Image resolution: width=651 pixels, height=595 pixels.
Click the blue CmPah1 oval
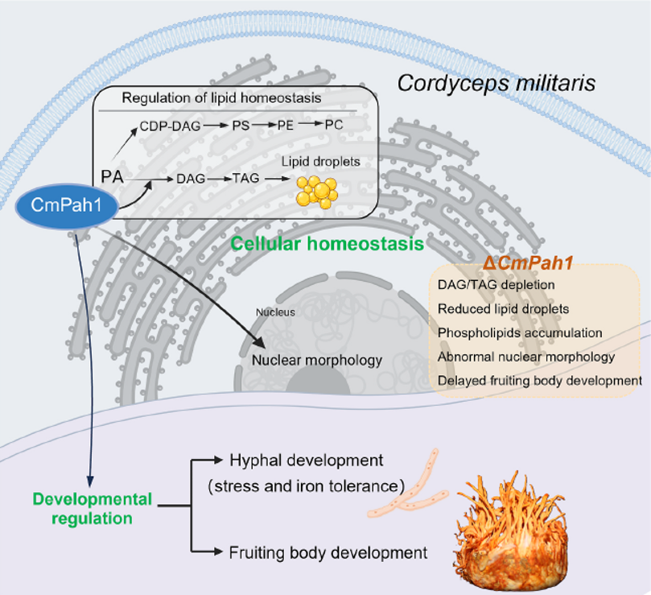click(x=67, y=205)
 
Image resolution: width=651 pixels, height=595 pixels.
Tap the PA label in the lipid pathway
click(x=112, y=177)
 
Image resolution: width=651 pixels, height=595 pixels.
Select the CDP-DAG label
click(x=170, y=126)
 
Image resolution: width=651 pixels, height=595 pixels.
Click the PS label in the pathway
click(x=241, y=125)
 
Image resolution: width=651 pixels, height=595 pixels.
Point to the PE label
click(x=285, y=125)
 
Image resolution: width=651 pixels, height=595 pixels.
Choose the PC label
click(x=334, y=125)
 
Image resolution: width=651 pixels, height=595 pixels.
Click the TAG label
click(x=245, y=178)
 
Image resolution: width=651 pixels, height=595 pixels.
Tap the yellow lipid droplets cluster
click(x=317, y=192)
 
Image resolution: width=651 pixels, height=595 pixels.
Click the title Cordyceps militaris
click(x=496, y=83)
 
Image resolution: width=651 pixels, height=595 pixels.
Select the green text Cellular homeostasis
click(x=328, y=243)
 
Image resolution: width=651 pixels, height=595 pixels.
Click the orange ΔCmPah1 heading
click(x=528, y=263)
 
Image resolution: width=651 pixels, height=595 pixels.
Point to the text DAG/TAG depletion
click(x=496, y=285)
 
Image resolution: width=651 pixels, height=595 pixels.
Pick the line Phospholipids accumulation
click(x=520, y=333)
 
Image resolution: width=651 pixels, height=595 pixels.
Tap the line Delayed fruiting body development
click(x=540, y=381)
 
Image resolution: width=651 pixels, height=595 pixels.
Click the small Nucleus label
click(x=275, y=312)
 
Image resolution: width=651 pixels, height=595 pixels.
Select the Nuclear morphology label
click(x=317, y=360)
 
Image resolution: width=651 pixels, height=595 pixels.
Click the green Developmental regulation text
click(x=93, y=509)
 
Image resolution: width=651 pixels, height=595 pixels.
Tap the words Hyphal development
click(x=307, y=461)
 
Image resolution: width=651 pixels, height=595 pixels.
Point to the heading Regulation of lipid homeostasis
click(x=221, y=98)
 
